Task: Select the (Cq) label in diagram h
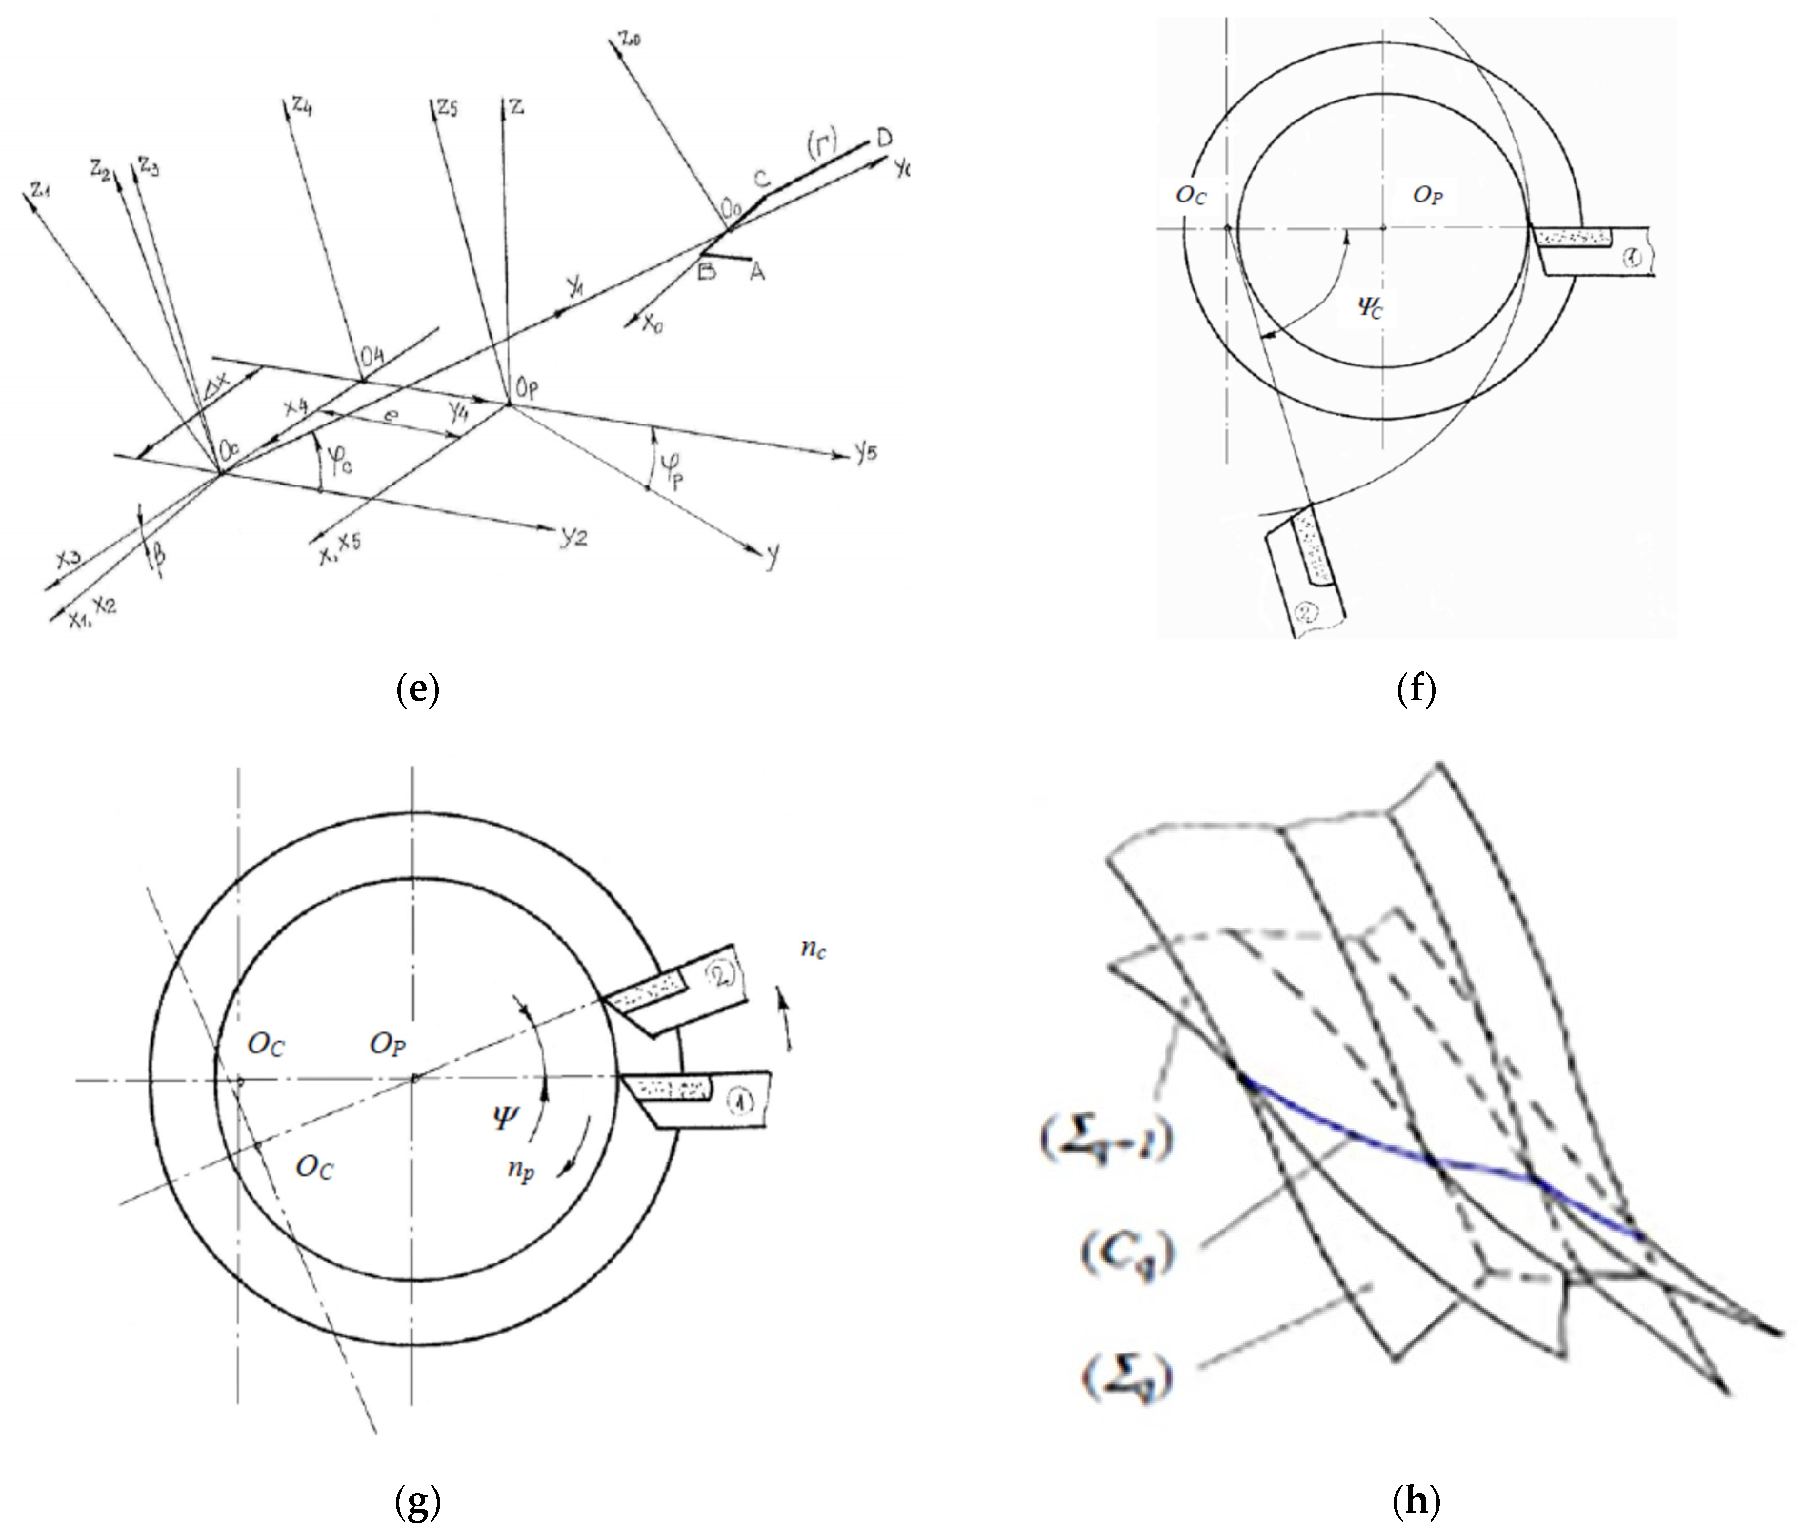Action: (1125, 1252)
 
